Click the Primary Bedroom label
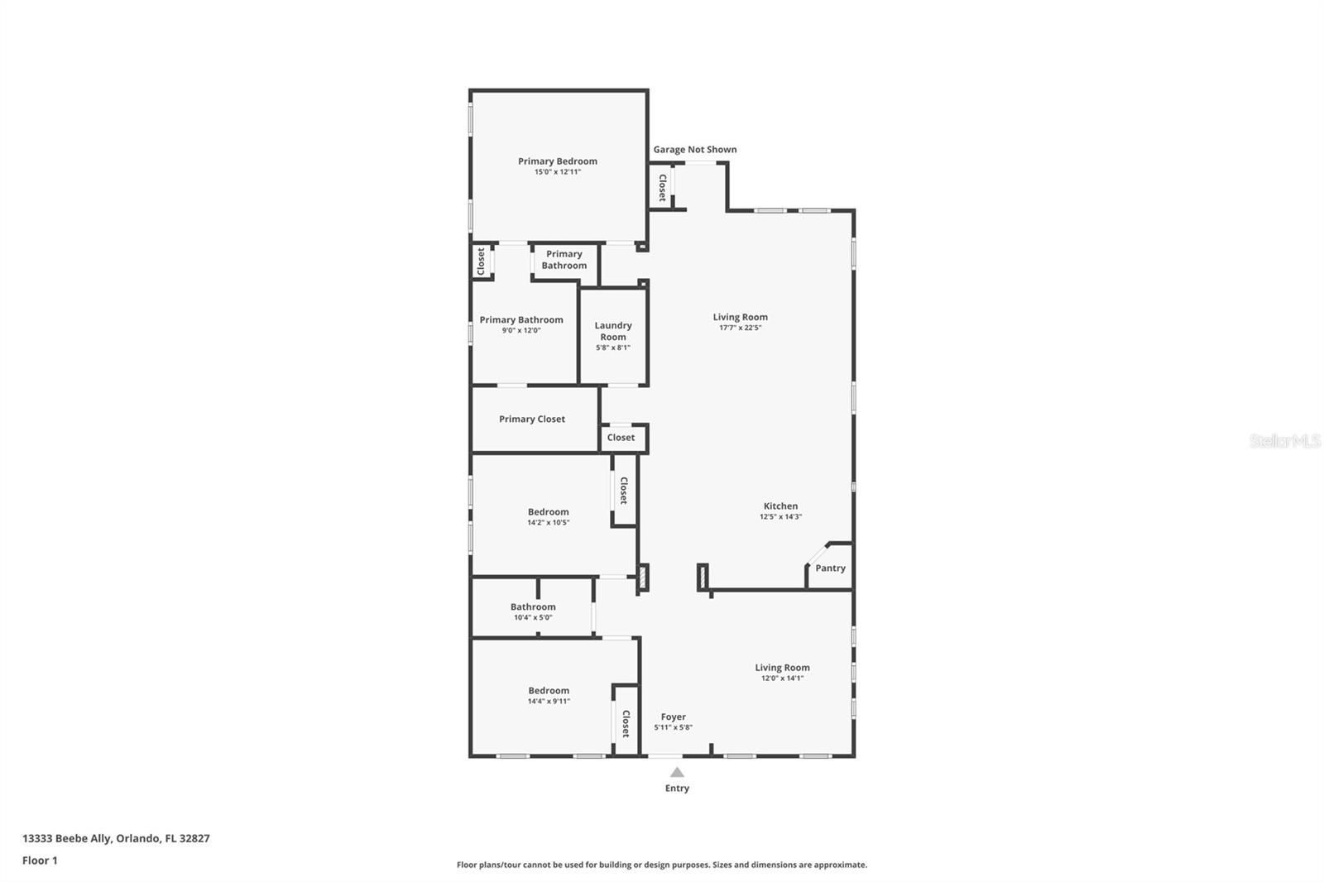coord(557,161)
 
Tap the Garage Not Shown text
coord(694,150)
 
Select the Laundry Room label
coord(613,331)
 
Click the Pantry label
coord(830,568)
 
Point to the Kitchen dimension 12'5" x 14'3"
coord(780,517)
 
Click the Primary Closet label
coord(531,419)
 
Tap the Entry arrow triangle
coord(677,772)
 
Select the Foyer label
coord(673,717)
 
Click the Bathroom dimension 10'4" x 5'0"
coord(533,617)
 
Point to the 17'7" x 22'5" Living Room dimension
coord(740,328)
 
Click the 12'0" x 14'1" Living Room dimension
coord(782,678)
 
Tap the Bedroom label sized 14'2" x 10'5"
coord(548,512)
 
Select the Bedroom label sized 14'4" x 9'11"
coord(549,691)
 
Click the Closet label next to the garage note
coord(662,187)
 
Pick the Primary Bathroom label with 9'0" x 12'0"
coord(521,320)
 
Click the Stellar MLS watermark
coord(1284,441)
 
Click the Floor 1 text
coord(40,860)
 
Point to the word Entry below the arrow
coord(677,789)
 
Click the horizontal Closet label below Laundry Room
coord(621,438)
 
